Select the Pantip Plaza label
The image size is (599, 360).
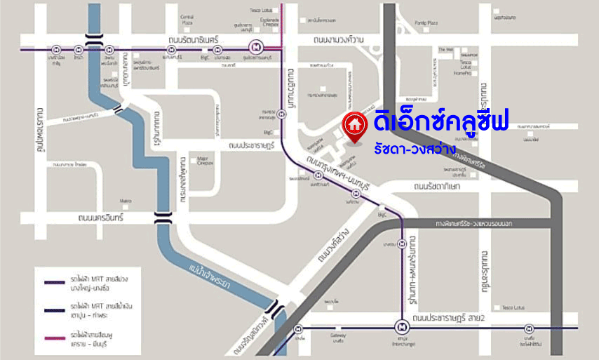426,23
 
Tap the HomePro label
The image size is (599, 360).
462,72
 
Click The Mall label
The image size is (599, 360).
445,50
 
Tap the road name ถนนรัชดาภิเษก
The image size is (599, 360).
436,187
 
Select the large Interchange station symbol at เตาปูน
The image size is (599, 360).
401,327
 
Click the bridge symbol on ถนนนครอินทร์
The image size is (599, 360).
163,218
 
